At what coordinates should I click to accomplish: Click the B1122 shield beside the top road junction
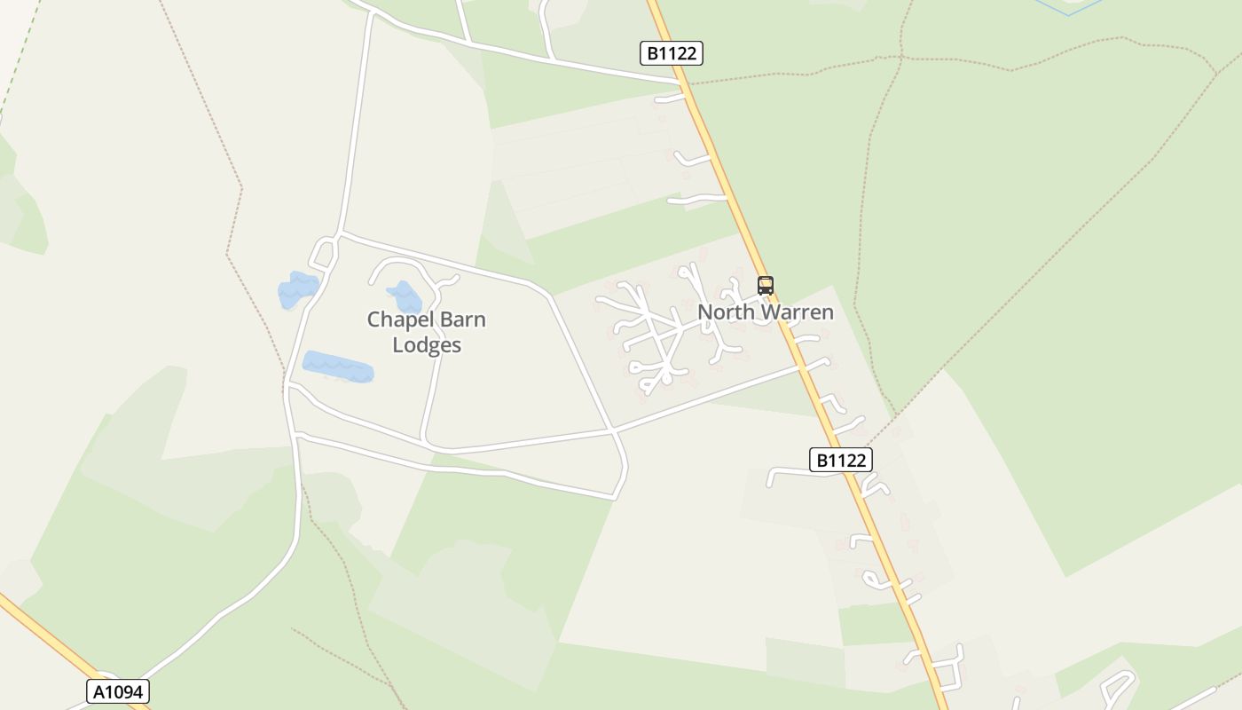(x=671, y=53)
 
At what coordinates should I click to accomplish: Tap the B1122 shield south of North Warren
(x=840, y=460)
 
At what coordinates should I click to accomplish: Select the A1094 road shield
(x=118, y=691)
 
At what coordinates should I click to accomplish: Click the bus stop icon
(x=766, y=286)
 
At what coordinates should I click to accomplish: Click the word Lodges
(x=427, y=345)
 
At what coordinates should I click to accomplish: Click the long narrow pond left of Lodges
(x=338, y=367)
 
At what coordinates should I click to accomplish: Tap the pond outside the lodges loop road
(x=297, y=289)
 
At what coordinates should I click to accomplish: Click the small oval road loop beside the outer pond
(x=323, y=254)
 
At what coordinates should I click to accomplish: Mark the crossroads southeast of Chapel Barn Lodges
(x=613, y=431)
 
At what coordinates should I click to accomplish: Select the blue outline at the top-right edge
(x=1068, y=8)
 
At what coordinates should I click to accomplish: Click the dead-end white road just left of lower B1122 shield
(x=770, y=479)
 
